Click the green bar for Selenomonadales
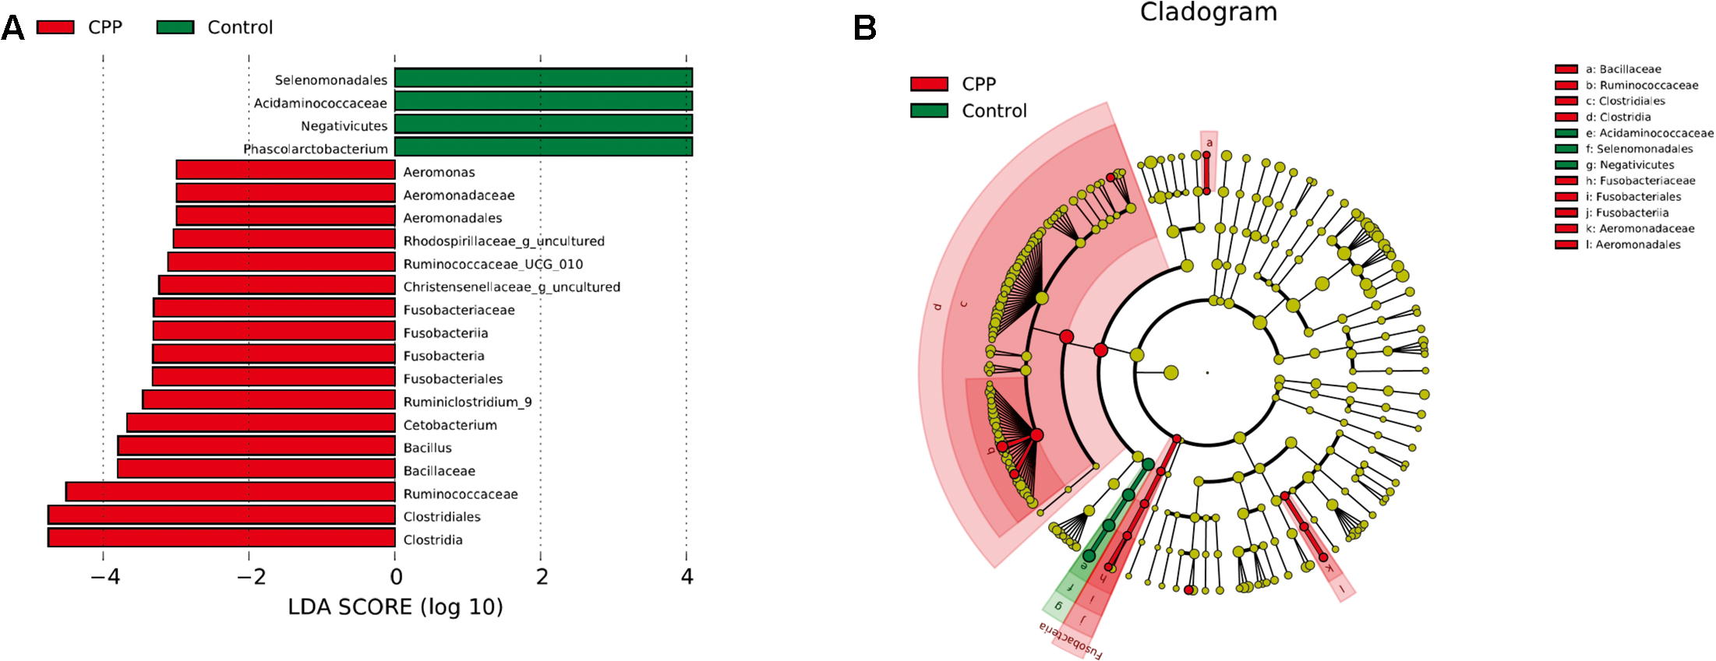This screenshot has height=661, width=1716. click(543, 78)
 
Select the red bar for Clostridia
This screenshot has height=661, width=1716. click(221, 538)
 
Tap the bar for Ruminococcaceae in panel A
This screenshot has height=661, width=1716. click(231, 492)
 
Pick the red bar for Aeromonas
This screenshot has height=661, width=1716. click(285, 171)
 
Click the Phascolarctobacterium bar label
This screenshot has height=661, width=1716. click(316, 149)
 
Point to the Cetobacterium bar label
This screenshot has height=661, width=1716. click(450, 425)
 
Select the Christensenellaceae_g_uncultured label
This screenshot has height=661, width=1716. click(511, 287)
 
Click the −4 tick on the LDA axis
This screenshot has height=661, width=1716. click(104, 577)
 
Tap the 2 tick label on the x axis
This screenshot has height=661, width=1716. click(542, 577)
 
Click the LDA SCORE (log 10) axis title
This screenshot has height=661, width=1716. click(395, 607)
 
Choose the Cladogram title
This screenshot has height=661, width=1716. click(1208, 12)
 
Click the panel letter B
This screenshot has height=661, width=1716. click(865, 29)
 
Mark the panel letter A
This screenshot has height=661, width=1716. click(12, 29)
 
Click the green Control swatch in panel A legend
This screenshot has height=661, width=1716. click(175, 27)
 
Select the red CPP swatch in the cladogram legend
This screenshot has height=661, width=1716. click(929, 84)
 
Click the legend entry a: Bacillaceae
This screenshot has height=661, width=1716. click(1622, 69)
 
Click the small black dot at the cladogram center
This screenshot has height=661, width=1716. click(1207, 373)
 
